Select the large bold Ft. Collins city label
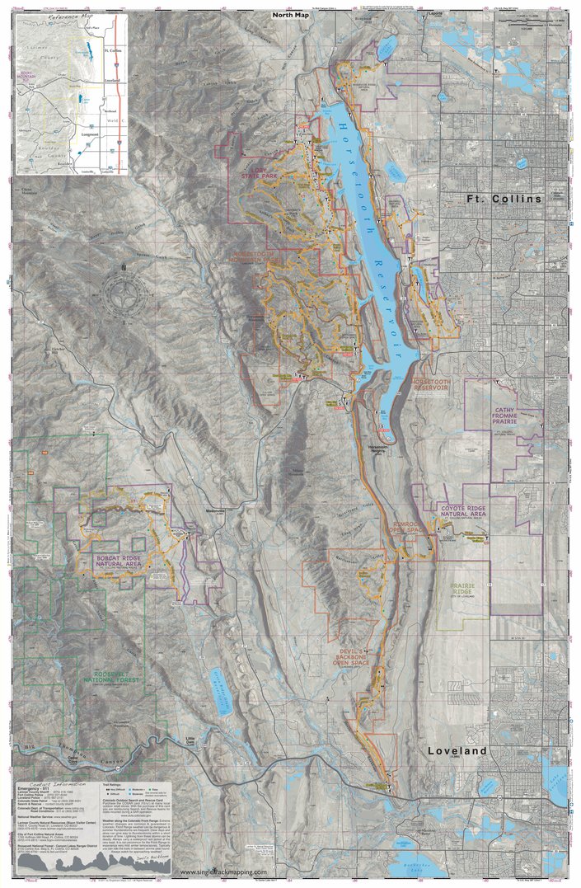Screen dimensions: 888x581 pos(504,200)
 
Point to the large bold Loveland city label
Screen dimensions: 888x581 pos(457,751)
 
